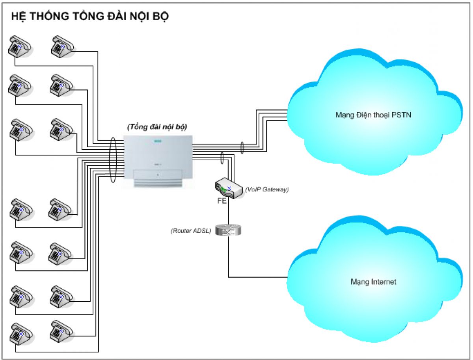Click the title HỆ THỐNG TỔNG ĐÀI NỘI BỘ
pos(90,17)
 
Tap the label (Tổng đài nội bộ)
pos(157,127)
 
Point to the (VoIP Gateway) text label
pos(267,189)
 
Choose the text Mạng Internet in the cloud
pos(373,282)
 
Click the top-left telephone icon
pos(19,46)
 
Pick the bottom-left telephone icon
pos(19,333)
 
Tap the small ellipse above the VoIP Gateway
pos(223,158)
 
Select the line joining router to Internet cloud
pos(256,277)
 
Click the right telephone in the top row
pos(61,46)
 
